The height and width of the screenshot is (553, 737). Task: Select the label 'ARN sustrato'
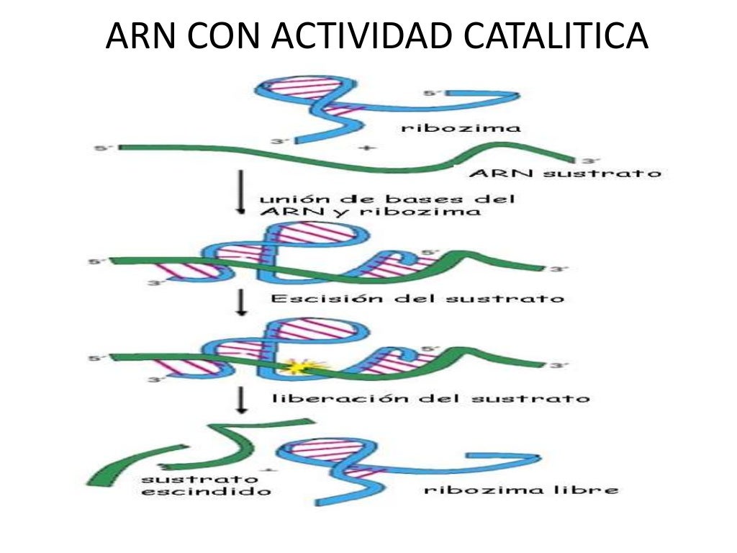coord(564,174)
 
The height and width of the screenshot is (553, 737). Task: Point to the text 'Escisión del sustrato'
coord(417,297)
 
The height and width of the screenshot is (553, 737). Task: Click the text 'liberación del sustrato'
coord(431,397)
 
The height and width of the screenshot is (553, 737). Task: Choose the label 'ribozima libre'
coord(521,490)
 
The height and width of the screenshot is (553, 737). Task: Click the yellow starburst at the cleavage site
coord(296,367)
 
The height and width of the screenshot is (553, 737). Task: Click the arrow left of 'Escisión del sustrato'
coord(243,302)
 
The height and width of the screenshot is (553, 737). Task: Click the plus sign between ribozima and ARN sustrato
coord(368,148)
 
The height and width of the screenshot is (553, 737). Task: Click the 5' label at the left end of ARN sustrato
coord(103,149)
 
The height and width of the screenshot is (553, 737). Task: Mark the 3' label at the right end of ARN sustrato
coord(589,161)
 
